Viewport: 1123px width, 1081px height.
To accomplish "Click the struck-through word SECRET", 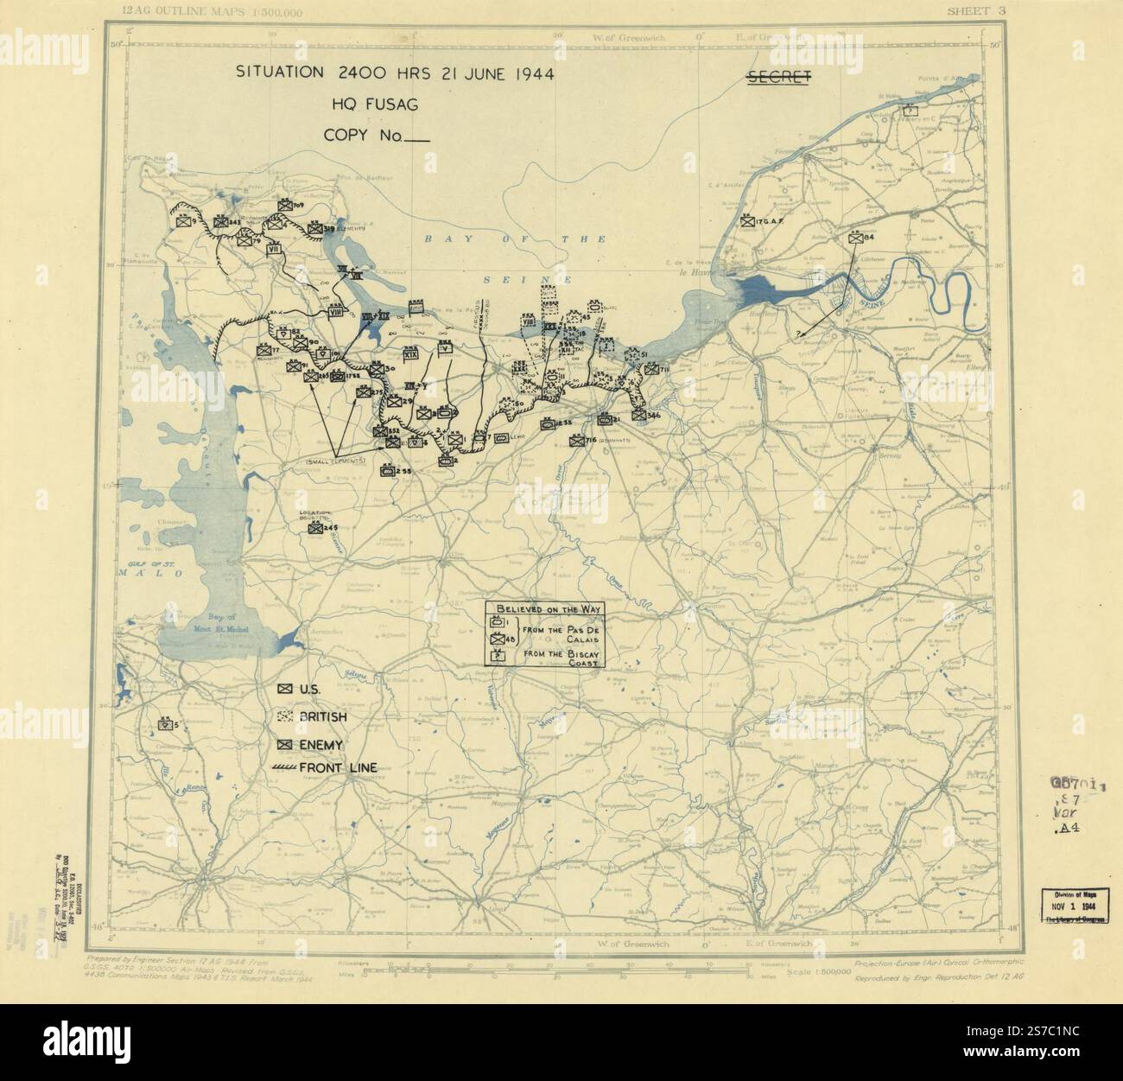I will click(x=777, y=78).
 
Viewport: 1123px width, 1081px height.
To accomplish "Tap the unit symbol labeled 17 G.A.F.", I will click(x=747, y=222).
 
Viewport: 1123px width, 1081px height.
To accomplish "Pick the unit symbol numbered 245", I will click(x=315, y=527).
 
